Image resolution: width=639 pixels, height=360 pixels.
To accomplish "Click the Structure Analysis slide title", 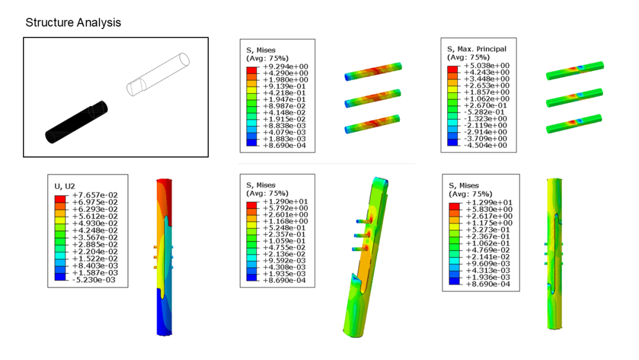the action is (73, 22).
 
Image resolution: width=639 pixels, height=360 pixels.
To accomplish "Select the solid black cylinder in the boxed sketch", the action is (76, 122).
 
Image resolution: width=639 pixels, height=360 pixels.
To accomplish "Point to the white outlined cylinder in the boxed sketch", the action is (158, 74).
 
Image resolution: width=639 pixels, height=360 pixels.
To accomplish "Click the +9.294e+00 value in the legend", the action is (285, 66).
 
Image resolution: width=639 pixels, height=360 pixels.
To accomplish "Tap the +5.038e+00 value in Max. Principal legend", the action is (486, 66).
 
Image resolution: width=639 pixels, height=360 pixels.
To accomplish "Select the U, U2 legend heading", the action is (65, 187).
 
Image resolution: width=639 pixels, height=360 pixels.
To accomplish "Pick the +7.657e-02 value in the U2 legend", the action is (95, 195).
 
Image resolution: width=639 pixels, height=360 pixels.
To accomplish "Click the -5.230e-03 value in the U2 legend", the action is (94, 279).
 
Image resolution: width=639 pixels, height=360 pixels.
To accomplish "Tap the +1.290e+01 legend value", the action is (285, 201).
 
